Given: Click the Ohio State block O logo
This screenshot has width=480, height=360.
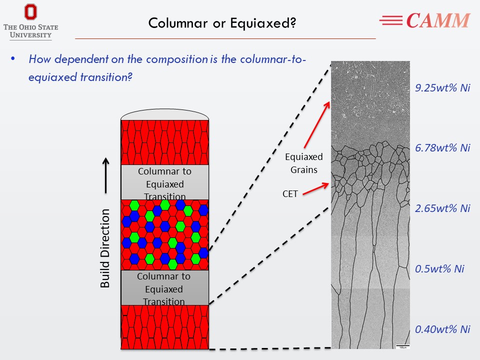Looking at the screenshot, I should click(x=30, y=13).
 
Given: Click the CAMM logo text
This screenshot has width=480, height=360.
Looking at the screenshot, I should click(x=437, y=20).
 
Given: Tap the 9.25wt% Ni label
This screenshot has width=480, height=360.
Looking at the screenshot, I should click(x=443, y=88).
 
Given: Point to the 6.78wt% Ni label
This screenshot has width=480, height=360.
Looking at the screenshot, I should click(x=443, y=147).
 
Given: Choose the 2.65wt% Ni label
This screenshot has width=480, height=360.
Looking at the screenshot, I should click(x=443, y=208).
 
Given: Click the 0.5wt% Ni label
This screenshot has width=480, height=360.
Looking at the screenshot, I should click(x=439, y=268).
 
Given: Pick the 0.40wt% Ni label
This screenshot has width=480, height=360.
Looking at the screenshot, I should click(x=443, y=329).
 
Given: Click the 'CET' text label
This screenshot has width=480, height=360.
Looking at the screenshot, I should click(x=290, y=194).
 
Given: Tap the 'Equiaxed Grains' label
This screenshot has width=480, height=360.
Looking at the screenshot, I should click(x=304, y=163).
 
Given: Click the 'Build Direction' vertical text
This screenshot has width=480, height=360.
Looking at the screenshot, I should click(x=105, y=248).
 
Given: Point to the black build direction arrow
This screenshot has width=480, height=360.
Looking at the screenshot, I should click(x=106, y=175).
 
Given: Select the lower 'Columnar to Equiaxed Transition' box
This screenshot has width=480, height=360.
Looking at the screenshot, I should click(x=164, y=288).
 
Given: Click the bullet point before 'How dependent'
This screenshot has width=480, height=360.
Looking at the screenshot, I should click(x=14, y=59).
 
